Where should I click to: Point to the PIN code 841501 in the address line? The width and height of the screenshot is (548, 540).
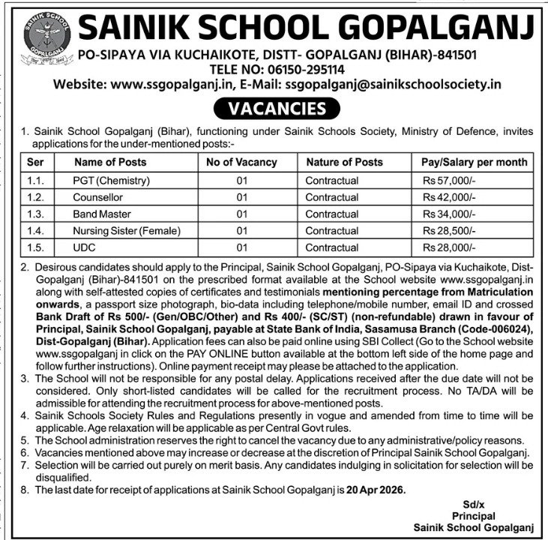click(455, 55)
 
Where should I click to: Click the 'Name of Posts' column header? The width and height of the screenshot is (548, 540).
click(111, 162)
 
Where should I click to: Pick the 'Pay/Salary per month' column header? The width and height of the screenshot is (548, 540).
click(474, 162)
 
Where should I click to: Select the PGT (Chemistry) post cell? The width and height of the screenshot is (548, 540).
click(112, 181)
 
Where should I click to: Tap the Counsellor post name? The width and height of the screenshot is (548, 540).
click(96, 198)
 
